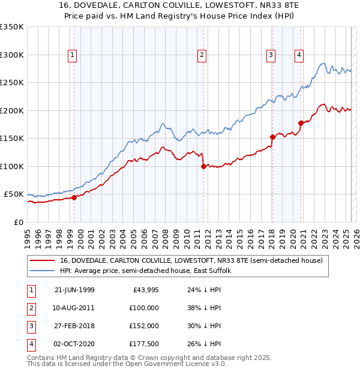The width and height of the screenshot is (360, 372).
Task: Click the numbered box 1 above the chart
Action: (x=72, y=55)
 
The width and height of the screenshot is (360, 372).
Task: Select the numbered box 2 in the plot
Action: (x=201, y=55)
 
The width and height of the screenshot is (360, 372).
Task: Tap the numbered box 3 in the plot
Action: (x=271, y=55)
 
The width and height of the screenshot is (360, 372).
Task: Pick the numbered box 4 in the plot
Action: (x=299, y=55)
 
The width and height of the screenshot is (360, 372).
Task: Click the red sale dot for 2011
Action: (x=203, y=166)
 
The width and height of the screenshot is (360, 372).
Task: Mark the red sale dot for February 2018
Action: (x=272, y=137)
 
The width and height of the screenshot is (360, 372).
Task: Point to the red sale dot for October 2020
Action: (x=301, y=123)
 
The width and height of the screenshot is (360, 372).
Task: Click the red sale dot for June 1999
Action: (x=74, y=197)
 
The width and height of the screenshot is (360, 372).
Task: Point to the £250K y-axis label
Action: (x=12, y=82)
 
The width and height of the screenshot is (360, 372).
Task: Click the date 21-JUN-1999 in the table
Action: (x=74, y=290)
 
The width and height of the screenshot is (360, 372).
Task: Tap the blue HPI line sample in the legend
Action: (x=42, y=271)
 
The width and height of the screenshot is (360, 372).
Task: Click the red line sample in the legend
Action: (x=42, y=260)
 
